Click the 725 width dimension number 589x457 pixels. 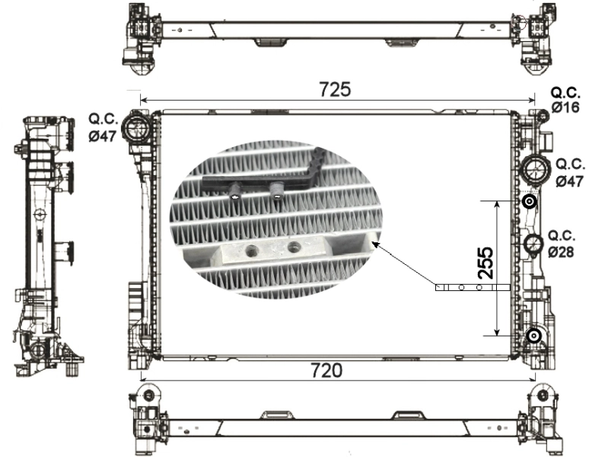point(335,89)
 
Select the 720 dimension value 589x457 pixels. point(326,370)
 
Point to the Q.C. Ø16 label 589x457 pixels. point(566,101)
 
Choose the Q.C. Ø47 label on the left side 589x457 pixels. point(103,127)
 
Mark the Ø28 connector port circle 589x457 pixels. point(533,244)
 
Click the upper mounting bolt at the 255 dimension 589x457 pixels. point(530,202)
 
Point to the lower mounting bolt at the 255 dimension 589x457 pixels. point(534,334)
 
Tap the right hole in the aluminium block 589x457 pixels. point(294,247)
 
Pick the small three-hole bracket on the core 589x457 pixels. point(470,288)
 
